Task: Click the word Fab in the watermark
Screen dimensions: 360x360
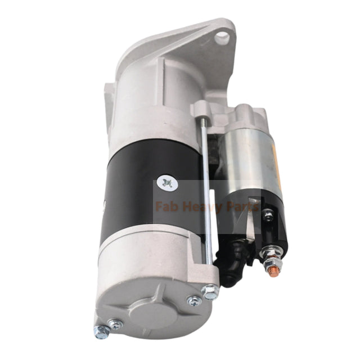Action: [168, 206]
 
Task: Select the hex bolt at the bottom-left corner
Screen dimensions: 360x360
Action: [102, 332]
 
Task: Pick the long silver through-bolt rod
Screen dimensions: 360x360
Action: [205, 186]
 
